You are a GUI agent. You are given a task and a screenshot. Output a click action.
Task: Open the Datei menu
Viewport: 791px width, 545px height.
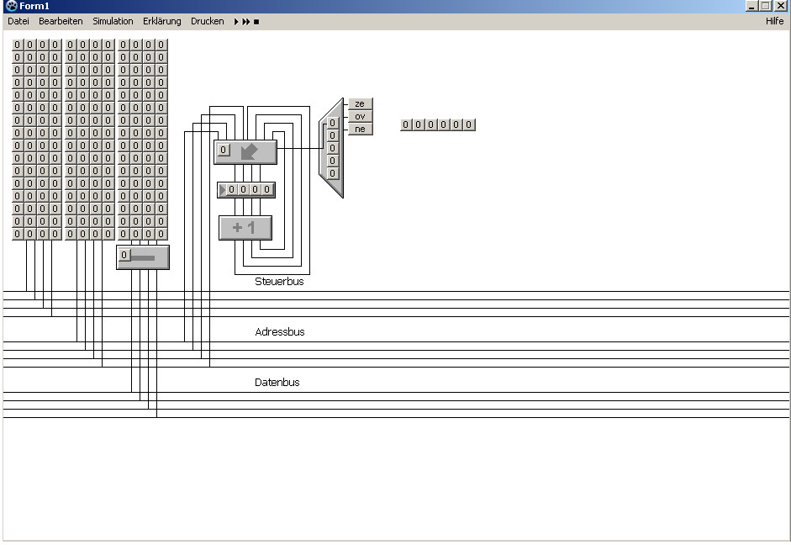(x=18, y=21)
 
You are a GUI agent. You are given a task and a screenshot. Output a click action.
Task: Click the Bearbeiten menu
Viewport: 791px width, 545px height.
(x=61, y=21)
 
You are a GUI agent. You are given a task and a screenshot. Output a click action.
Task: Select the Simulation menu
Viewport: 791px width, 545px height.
(x=113, y=21)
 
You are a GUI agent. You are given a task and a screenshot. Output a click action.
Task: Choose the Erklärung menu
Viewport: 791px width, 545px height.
(x=161, y=21)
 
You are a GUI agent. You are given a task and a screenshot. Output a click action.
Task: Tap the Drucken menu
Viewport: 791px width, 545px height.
(x=207, y=21)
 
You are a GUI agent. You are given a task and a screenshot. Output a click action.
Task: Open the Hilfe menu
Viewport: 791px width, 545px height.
(x=774, y=21)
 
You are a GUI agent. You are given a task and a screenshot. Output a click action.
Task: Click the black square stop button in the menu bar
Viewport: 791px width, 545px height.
(x=256, y=22)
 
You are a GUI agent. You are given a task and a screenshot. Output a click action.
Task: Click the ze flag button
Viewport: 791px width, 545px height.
(x=360, y=104)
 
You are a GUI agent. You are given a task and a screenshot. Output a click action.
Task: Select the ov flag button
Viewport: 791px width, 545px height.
(x=360, y=116)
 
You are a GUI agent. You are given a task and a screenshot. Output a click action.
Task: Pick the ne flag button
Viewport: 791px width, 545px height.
(x=360, y=129)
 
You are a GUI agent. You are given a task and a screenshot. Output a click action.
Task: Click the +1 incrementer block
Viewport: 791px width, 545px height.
(x=245, y=228)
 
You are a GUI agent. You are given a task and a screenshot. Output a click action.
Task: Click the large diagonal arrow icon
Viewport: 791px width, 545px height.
(x=250, y=152)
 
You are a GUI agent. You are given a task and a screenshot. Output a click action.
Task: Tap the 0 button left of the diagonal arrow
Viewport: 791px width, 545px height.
(x=223, y=151)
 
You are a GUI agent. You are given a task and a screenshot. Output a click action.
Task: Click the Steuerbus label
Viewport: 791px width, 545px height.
(x=279, y=282)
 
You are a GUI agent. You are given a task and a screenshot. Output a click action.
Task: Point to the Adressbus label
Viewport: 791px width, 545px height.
(x=279, y=332)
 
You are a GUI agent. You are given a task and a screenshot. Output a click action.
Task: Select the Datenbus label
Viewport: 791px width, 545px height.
(x=277, y=383)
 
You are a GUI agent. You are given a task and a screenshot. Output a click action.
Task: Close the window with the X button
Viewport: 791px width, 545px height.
(x=781, y=6)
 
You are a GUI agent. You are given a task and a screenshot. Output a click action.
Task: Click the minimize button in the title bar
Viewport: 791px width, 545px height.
(x=751, y=6)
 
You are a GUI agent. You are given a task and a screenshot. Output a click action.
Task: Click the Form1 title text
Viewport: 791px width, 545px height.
(x=34, y=6)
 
